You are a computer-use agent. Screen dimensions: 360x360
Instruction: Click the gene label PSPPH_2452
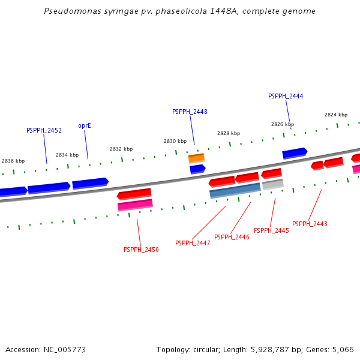[44, 130]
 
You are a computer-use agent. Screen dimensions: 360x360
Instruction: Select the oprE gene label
[85, 126]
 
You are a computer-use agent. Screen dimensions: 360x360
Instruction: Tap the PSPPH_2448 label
[190, 112]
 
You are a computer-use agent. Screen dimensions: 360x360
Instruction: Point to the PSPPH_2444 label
[286, 96]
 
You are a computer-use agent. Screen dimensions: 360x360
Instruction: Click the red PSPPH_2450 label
[141, 250]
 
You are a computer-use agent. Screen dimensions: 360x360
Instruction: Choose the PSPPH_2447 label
[193, 243]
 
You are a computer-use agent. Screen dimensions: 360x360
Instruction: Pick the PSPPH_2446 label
[232, 237]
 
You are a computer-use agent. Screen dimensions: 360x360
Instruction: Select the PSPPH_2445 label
[271, 230]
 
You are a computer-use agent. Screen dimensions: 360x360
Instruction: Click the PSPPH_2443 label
[310, 224]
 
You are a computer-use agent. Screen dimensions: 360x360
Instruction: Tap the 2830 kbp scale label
[175, 141]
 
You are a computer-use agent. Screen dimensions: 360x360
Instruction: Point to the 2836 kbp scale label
[13, 161]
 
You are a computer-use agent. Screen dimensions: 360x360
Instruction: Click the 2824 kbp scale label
[336, 115]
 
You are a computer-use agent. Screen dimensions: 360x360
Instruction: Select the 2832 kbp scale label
[121, 149]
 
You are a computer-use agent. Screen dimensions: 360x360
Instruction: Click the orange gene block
[196, 158]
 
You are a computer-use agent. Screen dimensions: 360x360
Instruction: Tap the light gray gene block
[273, 185]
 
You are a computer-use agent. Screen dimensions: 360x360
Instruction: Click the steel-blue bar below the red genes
[235, 190]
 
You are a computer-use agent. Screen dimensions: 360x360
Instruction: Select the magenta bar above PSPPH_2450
[135, 205]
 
